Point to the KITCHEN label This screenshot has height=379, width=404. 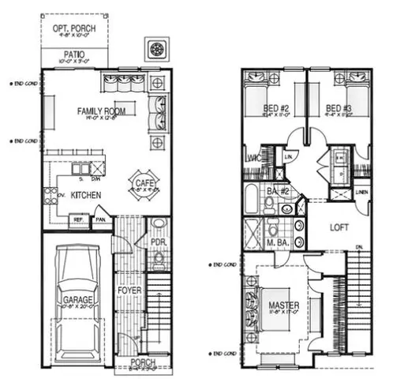coord(84,193)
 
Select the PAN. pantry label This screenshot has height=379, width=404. coord(101,220)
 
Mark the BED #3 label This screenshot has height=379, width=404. coord(339,108)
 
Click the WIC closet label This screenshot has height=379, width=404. coord(253,159)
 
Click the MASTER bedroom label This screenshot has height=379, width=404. coord(282,305)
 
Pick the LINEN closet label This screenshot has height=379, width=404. coord(361,192)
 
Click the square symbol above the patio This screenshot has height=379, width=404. coord(159,49)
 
